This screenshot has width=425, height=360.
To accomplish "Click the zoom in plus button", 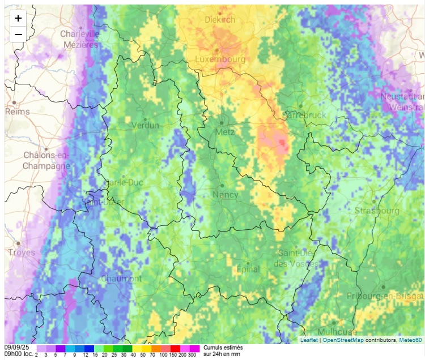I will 18,18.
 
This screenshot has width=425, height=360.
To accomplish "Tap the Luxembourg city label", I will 220,59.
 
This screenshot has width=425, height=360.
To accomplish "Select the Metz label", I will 225,132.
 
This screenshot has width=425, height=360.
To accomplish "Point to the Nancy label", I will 225,195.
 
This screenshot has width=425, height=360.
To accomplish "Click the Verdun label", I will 145,125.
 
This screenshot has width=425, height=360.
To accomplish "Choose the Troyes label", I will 22,252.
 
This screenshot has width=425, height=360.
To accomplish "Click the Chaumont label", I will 121,278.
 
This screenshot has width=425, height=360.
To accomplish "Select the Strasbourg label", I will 376,211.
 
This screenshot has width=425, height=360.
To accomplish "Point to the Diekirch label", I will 220,19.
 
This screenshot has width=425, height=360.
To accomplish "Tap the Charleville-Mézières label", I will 80,39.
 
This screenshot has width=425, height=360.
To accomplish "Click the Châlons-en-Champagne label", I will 46,160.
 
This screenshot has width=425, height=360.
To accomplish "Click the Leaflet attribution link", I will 309,340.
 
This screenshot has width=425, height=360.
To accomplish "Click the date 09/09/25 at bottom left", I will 16,348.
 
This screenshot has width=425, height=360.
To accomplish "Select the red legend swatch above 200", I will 175,349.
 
